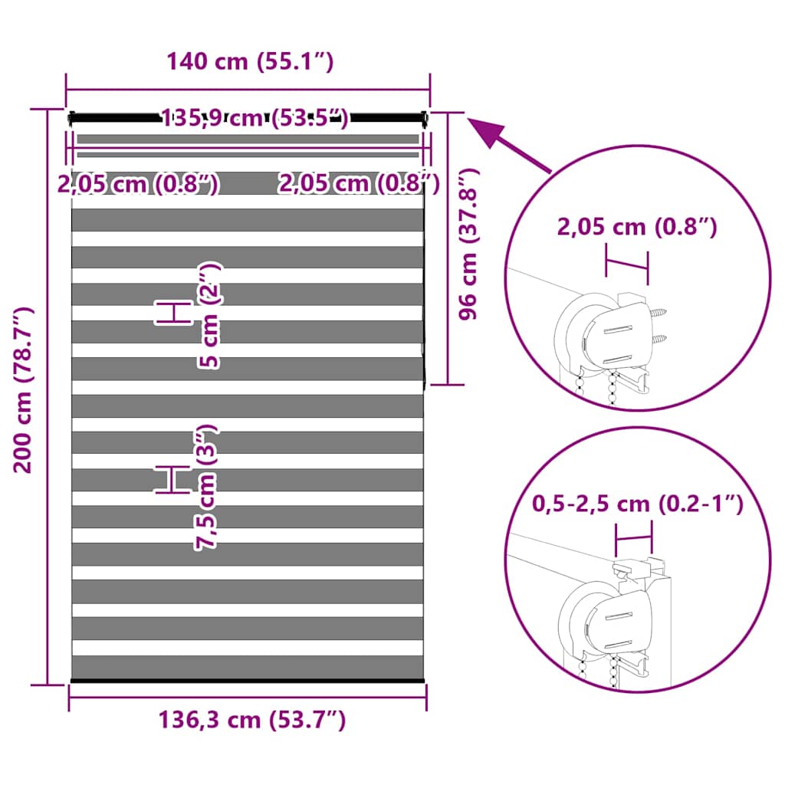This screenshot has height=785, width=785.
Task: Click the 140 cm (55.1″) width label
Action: click(250, 61)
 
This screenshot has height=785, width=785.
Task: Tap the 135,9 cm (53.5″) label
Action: click(255, 118)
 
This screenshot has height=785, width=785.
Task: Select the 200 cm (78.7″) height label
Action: click(23, 390)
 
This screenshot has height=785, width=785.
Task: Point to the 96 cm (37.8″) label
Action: click(468, 244)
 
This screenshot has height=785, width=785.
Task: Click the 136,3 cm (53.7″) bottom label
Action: click(251, 720)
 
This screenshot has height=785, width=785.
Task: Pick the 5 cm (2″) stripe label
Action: click(209, 315)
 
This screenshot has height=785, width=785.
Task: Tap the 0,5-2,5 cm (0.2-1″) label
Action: click(637, 503)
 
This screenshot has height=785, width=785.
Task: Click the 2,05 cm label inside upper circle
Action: click(637, 227)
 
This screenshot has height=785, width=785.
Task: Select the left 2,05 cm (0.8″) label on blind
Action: click(138, 184)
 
